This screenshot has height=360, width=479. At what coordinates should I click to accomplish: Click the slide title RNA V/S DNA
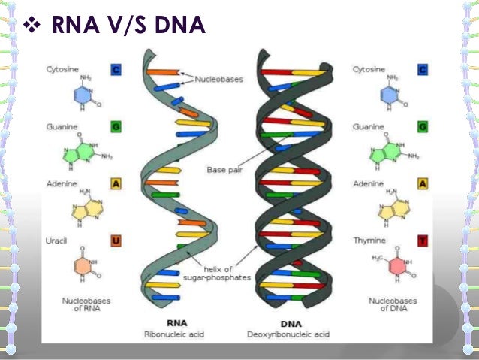click(x=128, y=27)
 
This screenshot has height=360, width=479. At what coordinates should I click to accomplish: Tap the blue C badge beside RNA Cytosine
click(x=117, y=70)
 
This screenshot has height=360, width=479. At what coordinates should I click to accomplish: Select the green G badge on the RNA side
click(x=117, y=126)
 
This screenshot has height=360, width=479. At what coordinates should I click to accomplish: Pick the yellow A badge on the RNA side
click(x=117, y=183)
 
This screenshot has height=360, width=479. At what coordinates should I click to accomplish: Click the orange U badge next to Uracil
click(x=117, y=241)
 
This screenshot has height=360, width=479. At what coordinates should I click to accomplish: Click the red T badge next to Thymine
click(x=424, y=241)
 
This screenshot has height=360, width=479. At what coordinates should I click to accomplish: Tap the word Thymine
click(x=368, y=241)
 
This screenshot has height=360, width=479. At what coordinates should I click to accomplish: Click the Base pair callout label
click(x=224, y=170)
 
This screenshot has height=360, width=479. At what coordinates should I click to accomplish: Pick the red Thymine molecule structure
click(x=391, y=265)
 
